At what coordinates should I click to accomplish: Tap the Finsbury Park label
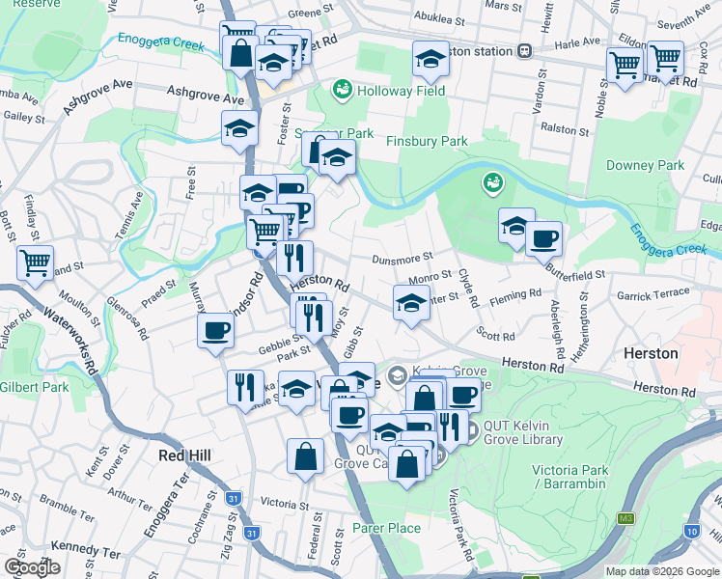click(427, 141)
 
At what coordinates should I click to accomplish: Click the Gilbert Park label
click(35, 387)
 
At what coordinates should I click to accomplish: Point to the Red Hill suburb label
click(184, 455)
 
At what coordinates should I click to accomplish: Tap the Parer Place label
click(386, 528)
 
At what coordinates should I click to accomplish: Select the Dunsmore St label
click(399, 259)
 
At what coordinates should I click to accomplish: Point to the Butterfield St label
click(575, 274)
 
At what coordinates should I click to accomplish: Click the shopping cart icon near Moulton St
click(35, 262)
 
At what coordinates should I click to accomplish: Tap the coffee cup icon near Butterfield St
click(543, 238)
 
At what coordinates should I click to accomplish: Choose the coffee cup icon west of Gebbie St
click(214, 331)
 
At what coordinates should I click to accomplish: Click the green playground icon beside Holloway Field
click(341, 90)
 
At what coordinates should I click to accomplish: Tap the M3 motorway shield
click(626, 518)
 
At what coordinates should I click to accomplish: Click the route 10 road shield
click(692, 531)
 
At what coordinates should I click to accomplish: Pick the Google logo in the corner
click(32, 567)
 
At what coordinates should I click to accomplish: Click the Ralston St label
click(566, 130)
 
